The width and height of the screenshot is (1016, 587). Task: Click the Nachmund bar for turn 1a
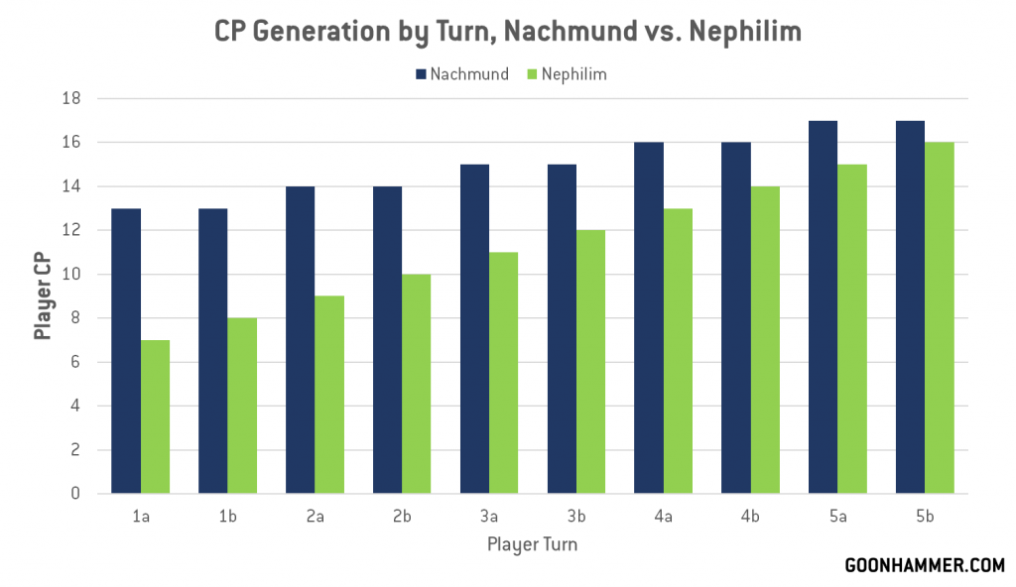pos(126,351)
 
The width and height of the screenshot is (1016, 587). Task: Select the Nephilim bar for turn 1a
pos(155,416)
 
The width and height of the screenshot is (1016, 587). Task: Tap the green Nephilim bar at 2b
pos(417,384)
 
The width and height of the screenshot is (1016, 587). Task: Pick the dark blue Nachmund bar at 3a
pos(474,329)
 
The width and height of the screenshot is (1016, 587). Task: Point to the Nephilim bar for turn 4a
pos(678,351)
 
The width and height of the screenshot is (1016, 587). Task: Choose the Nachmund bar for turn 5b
pos(910,307)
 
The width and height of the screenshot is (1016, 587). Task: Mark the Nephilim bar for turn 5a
pos(852,329)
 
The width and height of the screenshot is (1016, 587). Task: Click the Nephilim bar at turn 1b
pos(242,406)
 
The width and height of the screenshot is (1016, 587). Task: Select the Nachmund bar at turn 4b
pos(735,318)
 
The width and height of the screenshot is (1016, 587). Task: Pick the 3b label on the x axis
pos(576,518)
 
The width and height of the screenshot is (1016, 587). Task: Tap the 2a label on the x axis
pos(315,518)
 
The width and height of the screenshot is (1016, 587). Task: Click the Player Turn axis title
pos(532,544)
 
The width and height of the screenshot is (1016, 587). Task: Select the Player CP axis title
pos(44,295)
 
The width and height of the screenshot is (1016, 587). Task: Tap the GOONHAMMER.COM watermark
pos(924,565)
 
